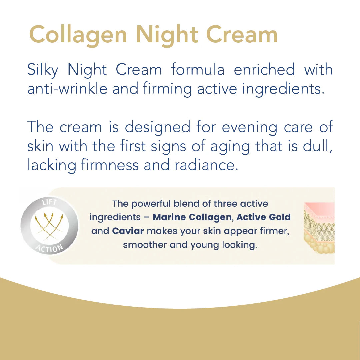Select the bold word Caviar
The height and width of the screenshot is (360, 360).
(128, 231)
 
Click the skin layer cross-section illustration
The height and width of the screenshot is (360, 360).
(319, 228)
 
